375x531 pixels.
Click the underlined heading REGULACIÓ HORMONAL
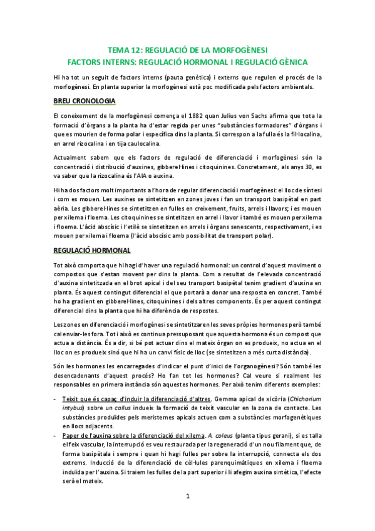91,250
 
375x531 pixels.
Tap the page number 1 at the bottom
187,514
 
